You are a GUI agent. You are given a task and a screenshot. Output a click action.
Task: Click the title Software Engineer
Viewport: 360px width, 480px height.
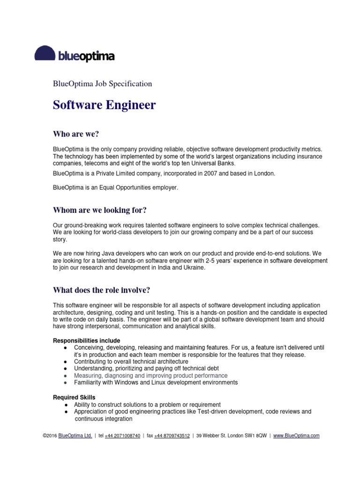(104, 105)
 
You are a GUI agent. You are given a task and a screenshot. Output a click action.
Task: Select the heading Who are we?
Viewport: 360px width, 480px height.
(76, 134)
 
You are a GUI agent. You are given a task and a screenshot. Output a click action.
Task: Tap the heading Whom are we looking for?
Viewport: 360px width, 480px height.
(103, 210)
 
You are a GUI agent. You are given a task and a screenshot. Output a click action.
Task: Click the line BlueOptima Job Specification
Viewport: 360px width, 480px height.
(103, 84)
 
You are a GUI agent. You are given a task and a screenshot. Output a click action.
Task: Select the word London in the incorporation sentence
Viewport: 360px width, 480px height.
(265, 173)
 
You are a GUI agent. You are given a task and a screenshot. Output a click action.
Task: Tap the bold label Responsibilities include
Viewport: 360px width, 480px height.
(87, 340)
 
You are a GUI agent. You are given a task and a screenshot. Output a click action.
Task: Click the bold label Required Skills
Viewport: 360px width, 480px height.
(74, 397)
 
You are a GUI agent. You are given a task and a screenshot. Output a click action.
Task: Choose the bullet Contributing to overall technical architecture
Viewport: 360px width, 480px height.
(131, 361)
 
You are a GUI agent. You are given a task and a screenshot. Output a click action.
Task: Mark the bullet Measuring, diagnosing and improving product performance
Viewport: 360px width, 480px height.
(151, 375)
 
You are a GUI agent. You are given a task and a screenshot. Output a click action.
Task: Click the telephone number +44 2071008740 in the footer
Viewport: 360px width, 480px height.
(122, 435)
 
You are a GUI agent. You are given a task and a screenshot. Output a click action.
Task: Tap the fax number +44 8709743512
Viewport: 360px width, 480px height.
(172, 435)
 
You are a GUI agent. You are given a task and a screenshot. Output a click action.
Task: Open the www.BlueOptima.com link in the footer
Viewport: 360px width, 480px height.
(296, 435)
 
